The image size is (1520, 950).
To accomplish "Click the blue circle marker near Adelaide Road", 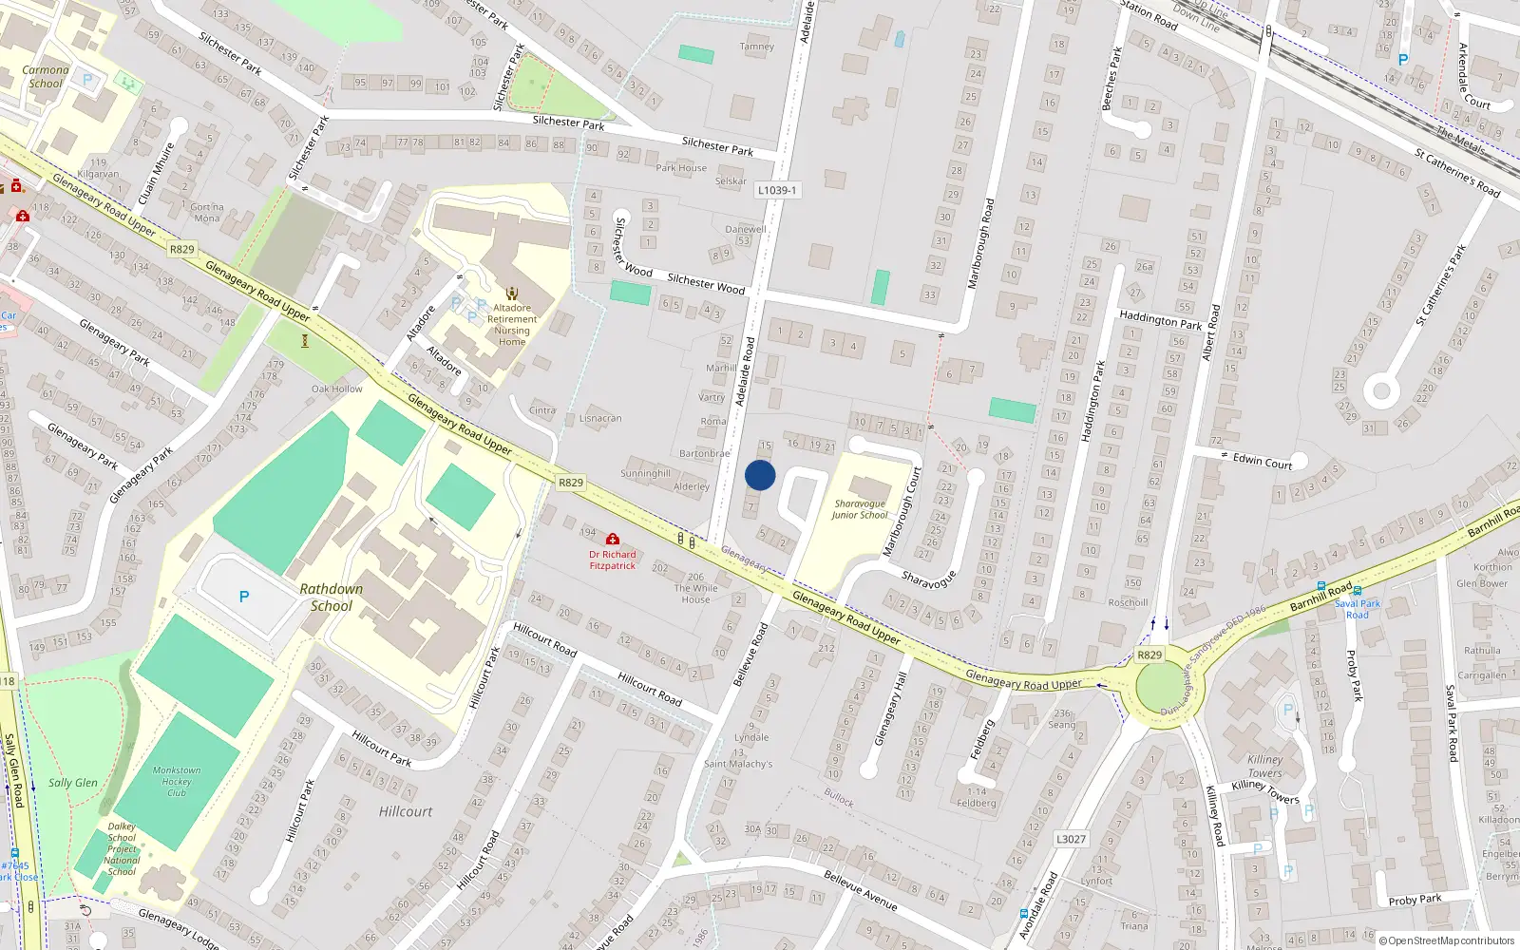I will [760, 475].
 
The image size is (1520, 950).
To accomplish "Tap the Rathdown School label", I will [331, 598].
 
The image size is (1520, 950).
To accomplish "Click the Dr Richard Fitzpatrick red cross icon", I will [613, 540].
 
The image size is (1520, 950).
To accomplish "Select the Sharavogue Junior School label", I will [859, 510].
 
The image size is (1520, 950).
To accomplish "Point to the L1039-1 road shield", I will [776, 190].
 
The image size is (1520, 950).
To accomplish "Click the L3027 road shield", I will [1071, 839].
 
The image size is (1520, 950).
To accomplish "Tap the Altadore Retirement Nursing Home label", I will [512, 325].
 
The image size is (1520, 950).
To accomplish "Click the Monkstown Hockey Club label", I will [177, 782].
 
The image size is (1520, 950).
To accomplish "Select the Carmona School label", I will [46, 77].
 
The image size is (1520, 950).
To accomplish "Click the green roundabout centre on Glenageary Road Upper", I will [1159, 687].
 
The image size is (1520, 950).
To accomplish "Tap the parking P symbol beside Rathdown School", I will [244, 597].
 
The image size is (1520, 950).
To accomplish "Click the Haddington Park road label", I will [1160, 320].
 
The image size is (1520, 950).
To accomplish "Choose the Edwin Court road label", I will [1263, 462].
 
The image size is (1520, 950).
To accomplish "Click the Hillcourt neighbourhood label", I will [406, 811].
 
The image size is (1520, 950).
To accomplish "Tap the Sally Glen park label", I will [73, 783].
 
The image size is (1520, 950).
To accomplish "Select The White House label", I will [695, 594].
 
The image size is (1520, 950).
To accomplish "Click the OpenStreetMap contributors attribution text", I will [1446, 941].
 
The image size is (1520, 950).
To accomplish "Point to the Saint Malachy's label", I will [738, 764].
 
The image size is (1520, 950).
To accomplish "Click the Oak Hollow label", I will [337, 389].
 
